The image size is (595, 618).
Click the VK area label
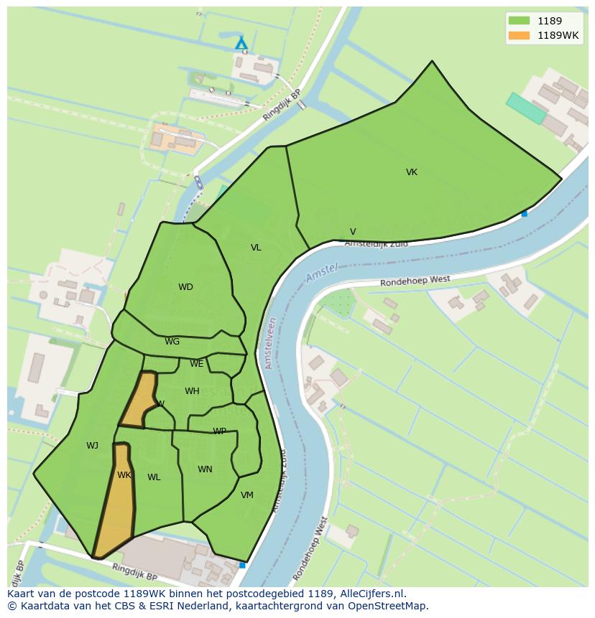tap(411, 172)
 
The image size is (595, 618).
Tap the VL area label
tap(256, 248)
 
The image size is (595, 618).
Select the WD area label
tap(185, 287)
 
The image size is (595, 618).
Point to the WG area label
tap(172, 342)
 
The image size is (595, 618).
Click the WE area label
tap(196, 364)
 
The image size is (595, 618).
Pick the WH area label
tap(192, 391)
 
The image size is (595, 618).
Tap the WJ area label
tap(92, 446)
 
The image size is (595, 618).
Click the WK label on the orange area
tap(124, 475)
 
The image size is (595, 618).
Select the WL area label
tap(154, 477)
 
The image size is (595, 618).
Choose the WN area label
tap(205, 469)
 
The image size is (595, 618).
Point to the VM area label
tap(247, 495)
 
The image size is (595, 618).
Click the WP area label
tap(219, 431)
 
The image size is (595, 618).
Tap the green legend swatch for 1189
tap(518, 21)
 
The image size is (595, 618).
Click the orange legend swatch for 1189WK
tap(518, 35)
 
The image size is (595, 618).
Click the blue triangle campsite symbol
tap(241, 44)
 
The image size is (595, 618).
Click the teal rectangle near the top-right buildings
tap(526, 108)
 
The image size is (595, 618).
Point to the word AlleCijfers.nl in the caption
tap(373, 594)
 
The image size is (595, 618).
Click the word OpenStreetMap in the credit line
tap(387, 606)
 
